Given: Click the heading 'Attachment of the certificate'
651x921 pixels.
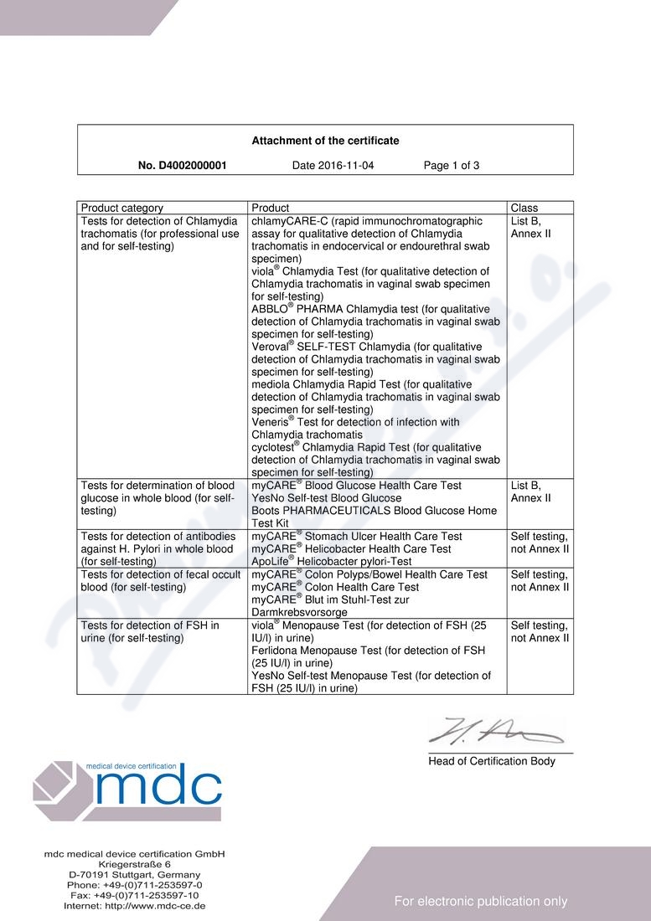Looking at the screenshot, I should pyautogui.click(x=325, y=141).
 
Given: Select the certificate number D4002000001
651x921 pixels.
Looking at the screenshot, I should pyautogui.click(x=182, y=166).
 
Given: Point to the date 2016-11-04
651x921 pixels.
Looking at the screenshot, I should pyautogui.click(x=333, y=166).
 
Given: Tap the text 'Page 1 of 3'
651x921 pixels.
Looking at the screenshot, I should pyautogui.click(x=452, y=166).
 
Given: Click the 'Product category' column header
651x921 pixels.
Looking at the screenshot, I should pyautogui.click(x=121, y=208).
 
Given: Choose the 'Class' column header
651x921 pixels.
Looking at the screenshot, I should pyautogui.click(x=524, y=208).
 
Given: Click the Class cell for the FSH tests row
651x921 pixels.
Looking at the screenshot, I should pyautogui.click(x=540, y=632).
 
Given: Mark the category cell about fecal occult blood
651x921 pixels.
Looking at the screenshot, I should pyautogui.click(x=160, y=581).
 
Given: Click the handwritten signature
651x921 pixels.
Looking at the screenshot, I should pyautogui.click(x=494, y=733).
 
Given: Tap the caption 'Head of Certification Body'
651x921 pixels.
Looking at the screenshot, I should pyautogui.click(x=491, y=761).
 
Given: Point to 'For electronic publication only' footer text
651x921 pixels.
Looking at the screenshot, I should pyautogui.click(x=481, y=902).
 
